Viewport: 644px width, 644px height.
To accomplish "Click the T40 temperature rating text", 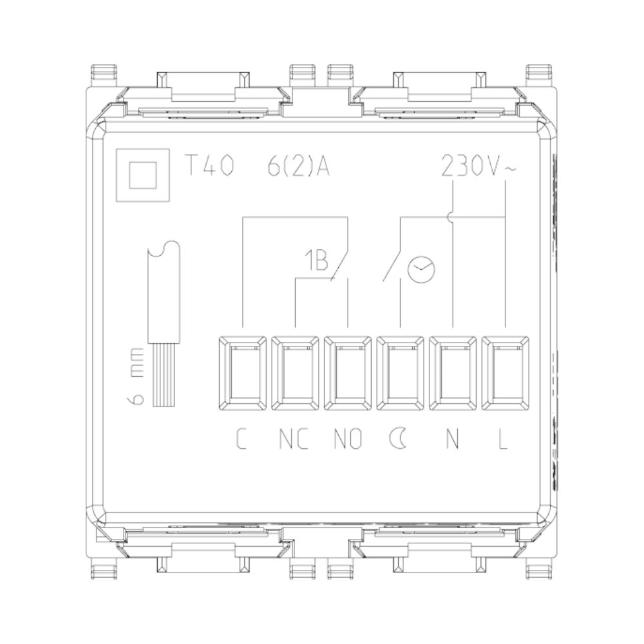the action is coord(210,166).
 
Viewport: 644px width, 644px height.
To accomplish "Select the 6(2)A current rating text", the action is coord(299,166).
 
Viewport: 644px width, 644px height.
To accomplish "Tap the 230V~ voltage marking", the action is coord(478,166).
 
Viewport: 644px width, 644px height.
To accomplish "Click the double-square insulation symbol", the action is coord(143,175).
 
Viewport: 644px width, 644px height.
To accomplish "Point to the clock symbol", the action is coord(421,269).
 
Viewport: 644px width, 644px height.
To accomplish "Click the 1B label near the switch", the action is coord(316,260).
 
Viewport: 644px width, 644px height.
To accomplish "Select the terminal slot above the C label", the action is coord(242,373).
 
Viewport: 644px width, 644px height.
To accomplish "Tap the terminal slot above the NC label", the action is coord(295,373).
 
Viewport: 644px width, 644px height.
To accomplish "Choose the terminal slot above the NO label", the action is coord(348,373).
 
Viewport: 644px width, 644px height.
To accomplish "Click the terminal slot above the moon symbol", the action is coord(400,373).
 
